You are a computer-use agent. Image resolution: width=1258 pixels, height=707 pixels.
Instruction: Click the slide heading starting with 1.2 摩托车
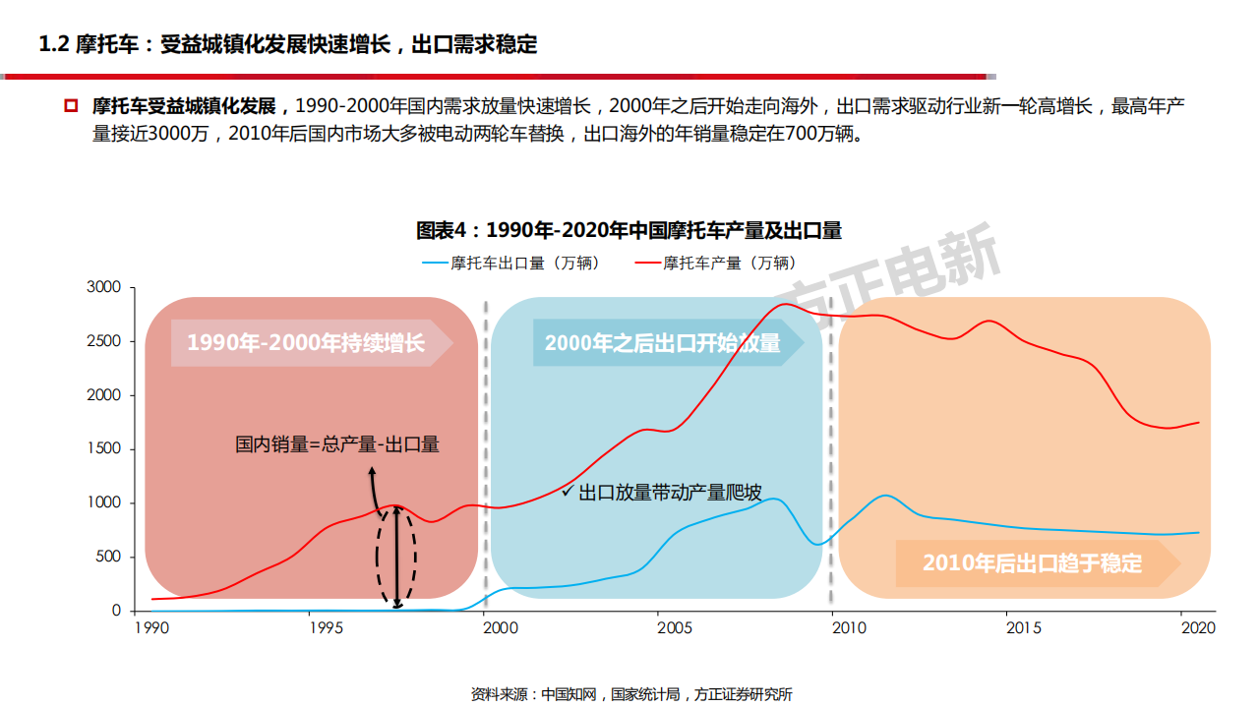point(287,44)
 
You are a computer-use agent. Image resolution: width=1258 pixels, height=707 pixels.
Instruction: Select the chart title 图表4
point(629,230)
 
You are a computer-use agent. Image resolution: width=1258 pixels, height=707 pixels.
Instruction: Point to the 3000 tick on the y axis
point(103,287)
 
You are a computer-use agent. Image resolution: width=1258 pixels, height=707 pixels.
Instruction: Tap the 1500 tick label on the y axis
point(103,448)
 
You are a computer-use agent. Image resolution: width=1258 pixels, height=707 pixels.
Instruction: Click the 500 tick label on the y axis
point(107,557)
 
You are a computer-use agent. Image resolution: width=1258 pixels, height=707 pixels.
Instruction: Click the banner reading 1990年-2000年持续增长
point(306,343)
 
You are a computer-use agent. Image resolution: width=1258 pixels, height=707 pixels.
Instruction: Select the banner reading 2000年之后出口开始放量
point(663,343)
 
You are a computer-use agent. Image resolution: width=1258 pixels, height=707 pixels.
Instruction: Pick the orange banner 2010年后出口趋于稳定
point(1032,563)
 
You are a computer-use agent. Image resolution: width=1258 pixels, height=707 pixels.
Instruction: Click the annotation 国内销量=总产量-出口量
point(337,444)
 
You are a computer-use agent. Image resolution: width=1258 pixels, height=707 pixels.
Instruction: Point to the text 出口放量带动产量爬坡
point(670,493)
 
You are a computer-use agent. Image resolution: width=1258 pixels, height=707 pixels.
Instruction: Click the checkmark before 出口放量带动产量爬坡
point(567,490)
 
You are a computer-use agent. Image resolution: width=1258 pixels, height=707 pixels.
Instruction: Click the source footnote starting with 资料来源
point(631,694)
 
